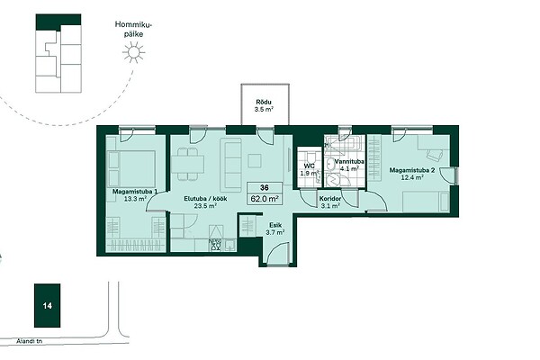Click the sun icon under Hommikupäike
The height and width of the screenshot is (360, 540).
pyautogui.click(x=133, y=52)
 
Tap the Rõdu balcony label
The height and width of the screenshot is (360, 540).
pyautogui.click(x=264, y=102)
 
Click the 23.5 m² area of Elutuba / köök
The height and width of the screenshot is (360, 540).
pyautogui.click(x=205, y=206)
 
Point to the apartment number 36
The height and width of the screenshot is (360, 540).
pyautogui.click(x=265, y=188)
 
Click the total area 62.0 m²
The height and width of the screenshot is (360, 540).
pyautogui.click(x=265, y=199)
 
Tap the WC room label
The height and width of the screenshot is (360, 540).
pyautogui.click(x=310, y=166)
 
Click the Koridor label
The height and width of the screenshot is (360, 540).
pyautogui.click(x=330, y=199)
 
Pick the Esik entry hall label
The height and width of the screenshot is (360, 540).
pyautogui.click(x=275, y=225)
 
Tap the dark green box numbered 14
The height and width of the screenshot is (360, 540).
pyautogui.click(x=47, y=306)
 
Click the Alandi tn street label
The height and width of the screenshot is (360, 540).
pyautogui.click(x=30, y=341)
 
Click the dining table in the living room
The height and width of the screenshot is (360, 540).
pyautogui.click(x=187, y=164)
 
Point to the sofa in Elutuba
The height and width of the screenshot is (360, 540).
pyautogui.click(x=230, y=166)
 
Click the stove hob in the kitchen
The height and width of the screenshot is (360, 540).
pyautogui.click(x=215, y=244)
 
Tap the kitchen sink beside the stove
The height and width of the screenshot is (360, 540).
pyautogui.click(x=229, y=245)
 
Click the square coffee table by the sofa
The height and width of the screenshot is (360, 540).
pyautogui.click(x=256, y=161)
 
